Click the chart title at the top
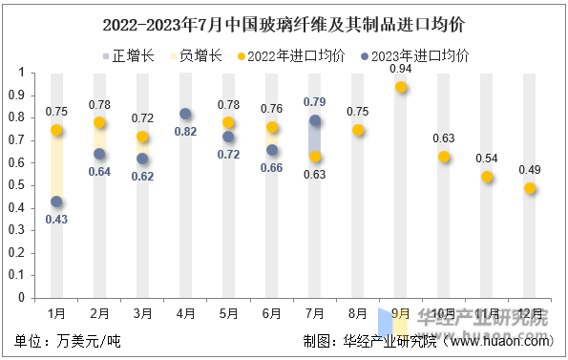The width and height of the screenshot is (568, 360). coord(284,20)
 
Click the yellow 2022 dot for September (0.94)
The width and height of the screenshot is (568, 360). coord(401,87)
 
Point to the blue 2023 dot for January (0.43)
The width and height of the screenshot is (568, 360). coord(56,201)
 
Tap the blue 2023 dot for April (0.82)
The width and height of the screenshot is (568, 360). coord(185,114)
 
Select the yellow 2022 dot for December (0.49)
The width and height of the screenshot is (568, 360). coord(530,188)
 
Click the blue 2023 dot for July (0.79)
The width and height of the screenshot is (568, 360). coord(315,120)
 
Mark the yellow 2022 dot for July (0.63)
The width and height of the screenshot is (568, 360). coord(315,157)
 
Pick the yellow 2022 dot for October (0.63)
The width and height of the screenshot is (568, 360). coord(444,157)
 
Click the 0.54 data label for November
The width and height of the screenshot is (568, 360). coord(487,159)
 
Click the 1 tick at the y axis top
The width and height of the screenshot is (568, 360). coord(21,73)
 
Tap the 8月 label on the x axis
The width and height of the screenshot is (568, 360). coord(358,312)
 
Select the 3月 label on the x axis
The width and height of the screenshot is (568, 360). coord(142,312)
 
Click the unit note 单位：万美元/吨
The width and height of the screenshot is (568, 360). coord(68,341)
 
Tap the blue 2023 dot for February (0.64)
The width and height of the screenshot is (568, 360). coord(99,154)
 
